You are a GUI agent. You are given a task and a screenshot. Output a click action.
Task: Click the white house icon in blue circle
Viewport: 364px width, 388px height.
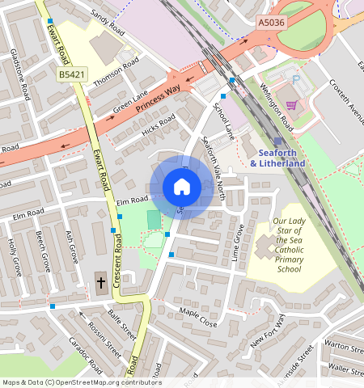(182, 188)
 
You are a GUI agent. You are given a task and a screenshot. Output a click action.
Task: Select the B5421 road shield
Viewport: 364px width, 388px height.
(72, 74)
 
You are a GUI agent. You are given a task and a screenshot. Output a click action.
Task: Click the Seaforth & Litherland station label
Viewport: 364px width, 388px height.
(277, 158)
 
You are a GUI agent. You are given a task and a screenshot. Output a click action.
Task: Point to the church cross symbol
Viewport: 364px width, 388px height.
(101, 283)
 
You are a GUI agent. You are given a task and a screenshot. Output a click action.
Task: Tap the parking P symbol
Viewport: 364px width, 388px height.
(296, 80)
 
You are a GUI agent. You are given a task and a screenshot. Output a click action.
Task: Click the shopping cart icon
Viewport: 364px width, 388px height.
(290, 104)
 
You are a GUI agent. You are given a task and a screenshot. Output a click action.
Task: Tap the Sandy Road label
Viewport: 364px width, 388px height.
(108, 21)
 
